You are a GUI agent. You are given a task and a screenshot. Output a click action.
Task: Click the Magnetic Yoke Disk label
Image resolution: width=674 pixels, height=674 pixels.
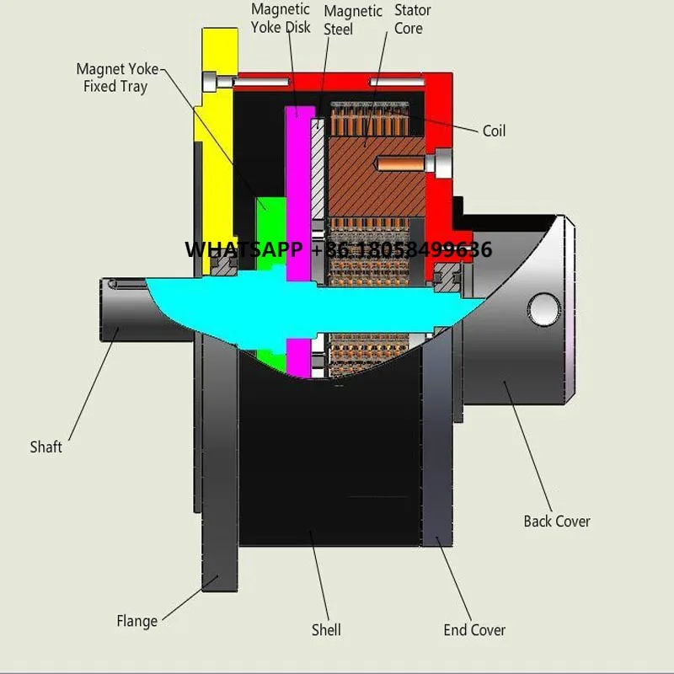click(281, 18)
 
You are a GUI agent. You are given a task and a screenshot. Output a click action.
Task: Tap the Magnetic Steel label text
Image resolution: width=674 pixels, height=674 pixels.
click(352, 20)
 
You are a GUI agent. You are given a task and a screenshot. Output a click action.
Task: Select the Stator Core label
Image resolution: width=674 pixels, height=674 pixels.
click(413, 19)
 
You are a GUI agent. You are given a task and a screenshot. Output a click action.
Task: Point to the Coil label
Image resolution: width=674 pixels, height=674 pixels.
click(494, 131)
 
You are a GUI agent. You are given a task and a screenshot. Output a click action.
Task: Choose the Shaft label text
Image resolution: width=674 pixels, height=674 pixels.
click(46, 447)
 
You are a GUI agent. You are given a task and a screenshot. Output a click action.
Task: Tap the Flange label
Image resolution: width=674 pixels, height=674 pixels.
click(136, 621)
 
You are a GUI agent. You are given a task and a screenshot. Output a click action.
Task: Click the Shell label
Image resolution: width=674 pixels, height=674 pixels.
click(326, 629)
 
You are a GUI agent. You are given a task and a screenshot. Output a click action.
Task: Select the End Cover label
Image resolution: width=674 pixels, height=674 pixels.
click(474, 629)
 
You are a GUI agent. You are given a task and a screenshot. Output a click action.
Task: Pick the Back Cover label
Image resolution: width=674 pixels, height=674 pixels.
click(557, 521)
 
